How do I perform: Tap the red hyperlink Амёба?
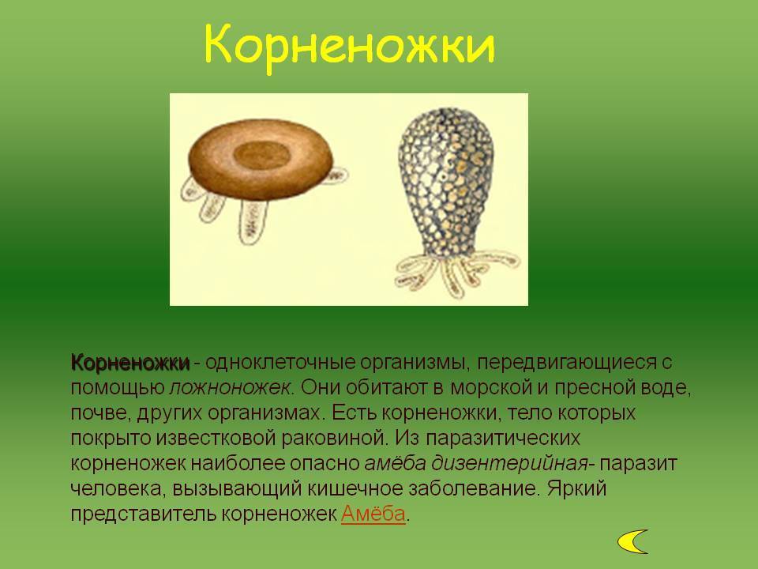pos(373,514)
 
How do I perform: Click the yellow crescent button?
pos(632,541)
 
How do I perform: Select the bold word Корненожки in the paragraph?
pos(130,363)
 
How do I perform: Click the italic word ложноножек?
pos(231,388)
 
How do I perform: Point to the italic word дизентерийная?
pos(509,464)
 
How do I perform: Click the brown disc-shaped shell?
pos(261,159)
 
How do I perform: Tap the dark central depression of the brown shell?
pos(262,155)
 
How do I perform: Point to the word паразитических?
pos(503,439)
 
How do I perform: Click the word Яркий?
pos(576,488)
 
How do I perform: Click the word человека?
pos(114,488)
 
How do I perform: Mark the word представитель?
pos(143,514)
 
